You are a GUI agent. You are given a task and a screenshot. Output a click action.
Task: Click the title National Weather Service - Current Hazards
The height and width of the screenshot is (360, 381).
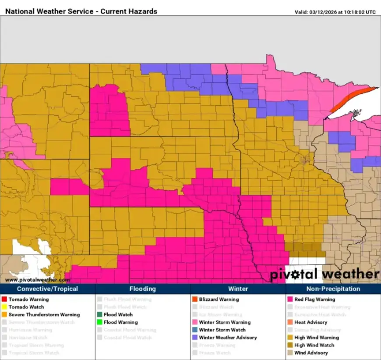point(81,11)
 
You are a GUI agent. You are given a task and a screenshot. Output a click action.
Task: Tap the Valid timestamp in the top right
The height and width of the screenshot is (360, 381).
point(335,12)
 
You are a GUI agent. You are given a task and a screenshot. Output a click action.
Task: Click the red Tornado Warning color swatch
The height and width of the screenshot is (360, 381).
point(4,299)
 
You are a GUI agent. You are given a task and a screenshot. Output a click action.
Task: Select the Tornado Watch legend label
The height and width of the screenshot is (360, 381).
point(26,307)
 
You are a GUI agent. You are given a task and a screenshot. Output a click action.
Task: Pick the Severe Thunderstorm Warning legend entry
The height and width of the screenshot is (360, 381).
point(44,315)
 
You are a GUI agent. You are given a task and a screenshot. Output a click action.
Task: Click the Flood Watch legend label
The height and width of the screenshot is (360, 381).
point(118,315)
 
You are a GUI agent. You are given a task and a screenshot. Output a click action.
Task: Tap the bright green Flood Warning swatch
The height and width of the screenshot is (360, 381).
point(99,322)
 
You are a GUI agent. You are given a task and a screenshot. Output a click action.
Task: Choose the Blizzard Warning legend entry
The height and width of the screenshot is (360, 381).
point(219,299)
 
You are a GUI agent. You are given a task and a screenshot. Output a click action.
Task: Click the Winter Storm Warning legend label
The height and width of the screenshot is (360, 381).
point(225,322)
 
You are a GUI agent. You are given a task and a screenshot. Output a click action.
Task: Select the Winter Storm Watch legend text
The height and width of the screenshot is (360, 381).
point(222,330)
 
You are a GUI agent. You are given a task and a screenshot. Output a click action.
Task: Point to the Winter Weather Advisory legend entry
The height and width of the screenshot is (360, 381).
point(228,338)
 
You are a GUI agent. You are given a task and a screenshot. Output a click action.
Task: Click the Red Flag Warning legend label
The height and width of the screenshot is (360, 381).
point(314,299)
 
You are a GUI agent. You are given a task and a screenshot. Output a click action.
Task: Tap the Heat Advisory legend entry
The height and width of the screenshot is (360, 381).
point(310,322)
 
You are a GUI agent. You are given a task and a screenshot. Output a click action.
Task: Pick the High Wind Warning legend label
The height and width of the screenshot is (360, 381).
point(316,338)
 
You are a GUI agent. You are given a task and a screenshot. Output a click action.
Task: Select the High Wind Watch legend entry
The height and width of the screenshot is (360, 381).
point(314,345)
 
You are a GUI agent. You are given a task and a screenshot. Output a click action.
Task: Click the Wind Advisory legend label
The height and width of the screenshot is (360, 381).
point(311,353)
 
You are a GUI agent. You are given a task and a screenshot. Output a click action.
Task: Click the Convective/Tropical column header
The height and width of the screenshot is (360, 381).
point(47,289)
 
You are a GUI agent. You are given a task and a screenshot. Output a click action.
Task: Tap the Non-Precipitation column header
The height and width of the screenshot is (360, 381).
point(333,289)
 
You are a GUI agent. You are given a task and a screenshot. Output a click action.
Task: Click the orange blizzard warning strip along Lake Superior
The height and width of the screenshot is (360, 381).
point(350,98)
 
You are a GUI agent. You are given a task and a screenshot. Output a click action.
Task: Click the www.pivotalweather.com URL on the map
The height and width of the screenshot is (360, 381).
point(37,280)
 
